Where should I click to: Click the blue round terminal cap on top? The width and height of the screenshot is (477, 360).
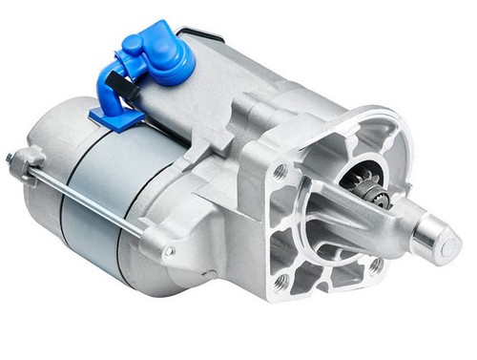click(168, 57)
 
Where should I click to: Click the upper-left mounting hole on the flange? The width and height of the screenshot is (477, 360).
click(280, 173)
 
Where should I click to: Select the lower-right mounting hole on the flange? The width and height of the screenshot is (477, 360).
click(376, 265)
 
